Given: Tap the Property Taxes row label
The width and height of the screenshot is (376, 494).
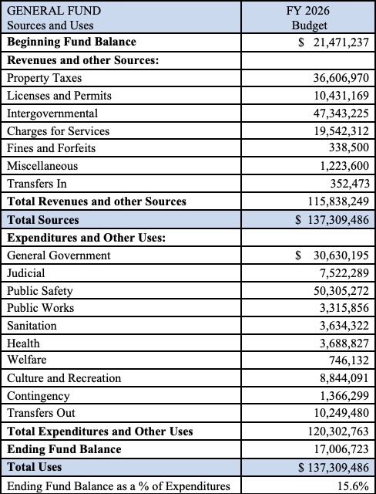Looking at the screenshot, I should [x=44, y=78].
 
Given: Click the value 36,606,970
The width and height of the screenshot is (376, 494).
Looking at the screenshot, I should [x=337, y=78].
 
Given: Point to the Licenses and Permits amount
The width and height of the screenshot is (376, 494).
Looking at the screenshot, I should [x=337, y=96].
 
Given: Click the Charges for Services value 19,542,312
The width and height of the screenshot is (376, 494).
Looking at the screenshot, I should [x=337, y=131].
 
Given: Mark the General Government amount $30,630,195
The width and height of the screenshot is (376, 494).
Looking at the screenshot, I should [x=331, y=255].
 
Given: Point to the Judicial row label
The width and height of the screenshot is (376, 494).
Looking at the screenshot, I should [x=26, y=272].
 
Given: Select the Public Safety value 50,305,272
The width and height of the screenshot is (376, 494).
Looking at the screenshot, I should [x=337, y=290].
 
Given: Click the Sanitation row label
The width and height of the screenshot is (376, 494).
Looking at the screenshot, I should [x=32, y=326].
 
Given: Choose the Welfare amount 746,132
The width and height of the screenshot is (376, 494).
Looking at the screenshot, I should [x=349, y=360].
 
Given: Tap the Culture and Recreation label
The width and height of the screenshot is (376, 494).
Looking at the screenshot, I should [x=64, y=378].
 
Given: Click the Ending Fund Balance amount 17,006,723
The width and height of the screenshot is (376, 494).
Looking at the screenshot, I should [x=337, y=448].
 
